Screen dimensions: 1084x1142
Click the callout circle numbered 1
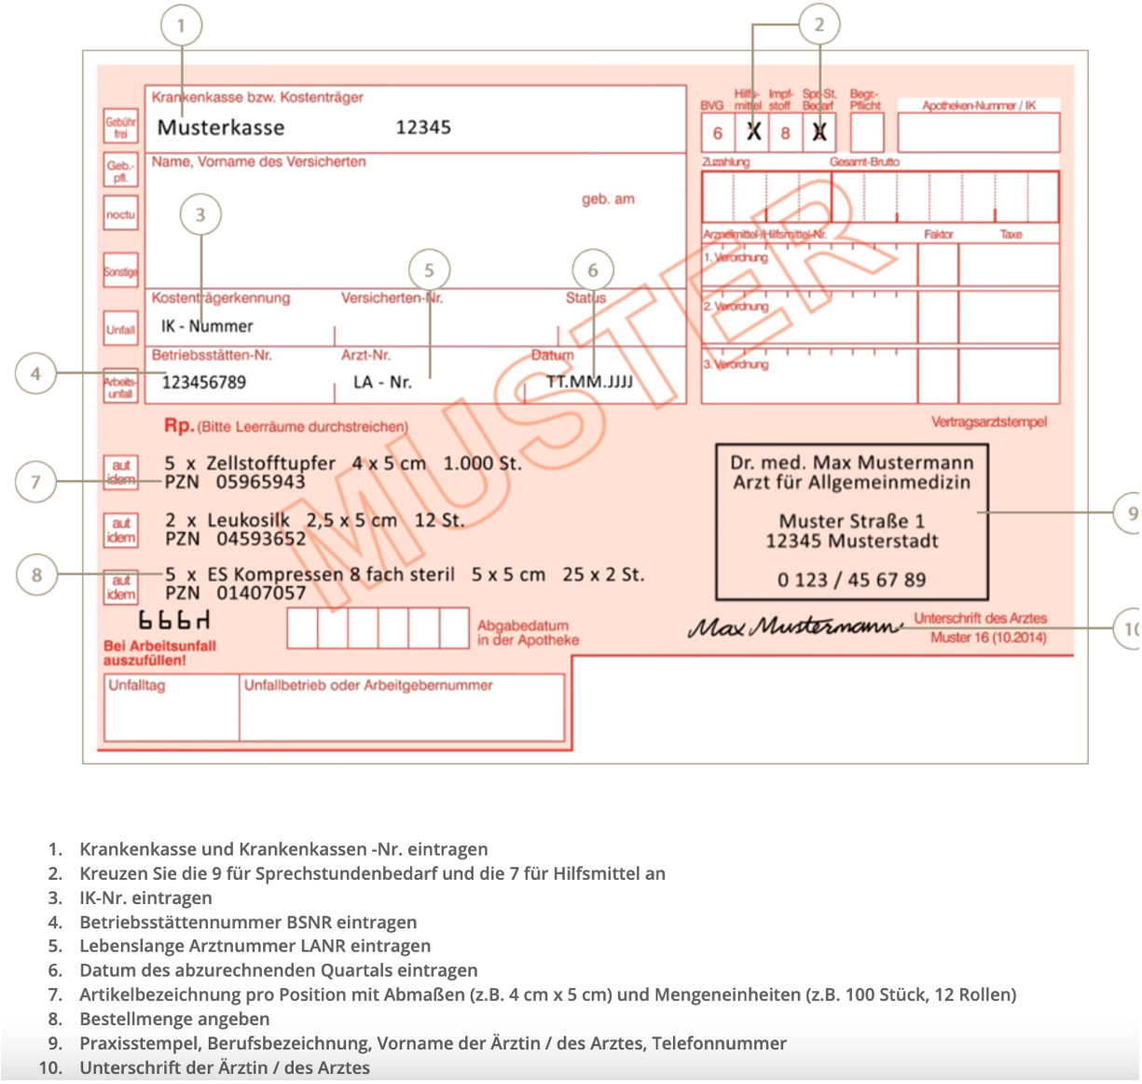click(x=181, y=26)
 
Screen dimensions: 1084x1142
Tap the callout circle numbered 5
click(x=429, y=270)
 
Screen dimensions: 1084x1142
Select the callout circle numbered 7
click(x=35, y=482)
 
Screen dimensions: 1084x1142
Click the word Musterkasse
click(x=221, y=128)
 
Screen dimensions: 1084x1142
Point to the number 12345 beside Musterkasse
click(x=423, y=128)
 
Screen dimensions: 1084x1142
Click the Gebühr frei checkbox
click(x=120, y=128)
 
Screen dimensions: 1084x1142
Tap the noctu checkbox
click(x=120, y=214)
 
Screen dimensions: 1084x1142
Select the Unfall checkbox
click(x=120, y=329)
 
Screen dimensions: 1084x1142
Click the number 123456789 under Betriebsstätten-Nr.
click(x=204, y=382)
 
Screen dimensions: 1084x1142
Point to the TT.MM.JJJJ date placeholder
click(x=589, y=382)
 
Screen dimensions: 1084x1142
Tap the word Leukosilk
click(x=248, y=520)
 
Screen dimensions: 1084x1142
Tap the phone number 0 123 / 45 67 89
click(x=851, y=580)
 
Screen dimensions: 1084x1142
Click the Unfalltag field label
click(x=137, y=685)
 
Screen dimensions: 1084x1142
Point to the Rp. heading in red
click(x=179, y=426)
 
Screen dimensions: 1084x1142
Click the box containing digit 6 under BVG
click(x=718, y=133)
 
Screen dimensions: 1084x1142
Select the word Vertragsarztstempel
click(x=988, y=422)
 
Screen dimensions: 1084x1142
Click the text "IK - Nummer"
click(x=207, y=326)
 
